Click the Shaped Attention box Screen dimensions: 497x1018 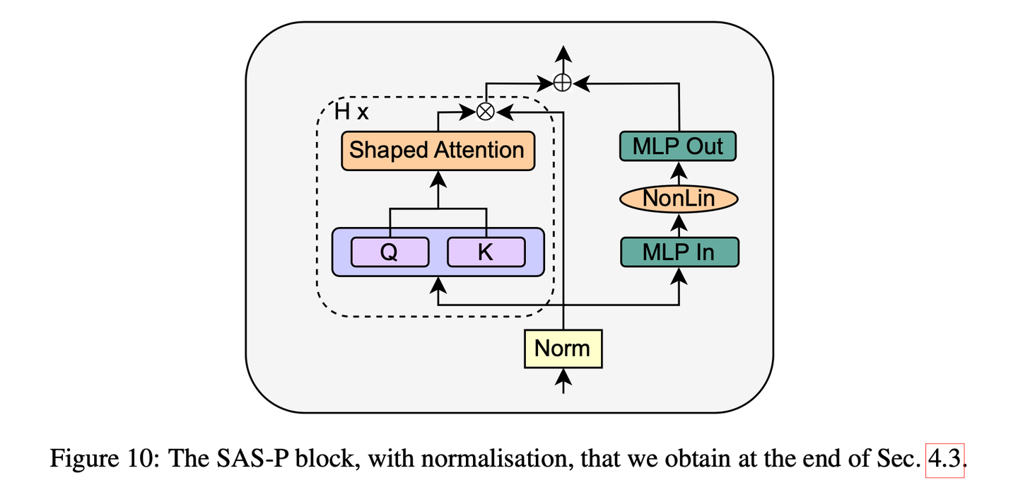coord(437,151)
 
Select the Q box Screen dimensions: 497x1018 coord(390,252)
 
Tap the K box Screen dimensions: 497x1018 coord(486,252)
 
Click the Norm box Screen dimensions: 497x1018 coord(563,349)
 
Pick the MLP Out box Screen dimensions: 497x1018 coord(678,146)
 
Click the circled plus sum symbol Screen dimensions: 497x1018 coord(562,83)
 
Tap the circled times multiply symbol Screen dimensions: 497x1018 coord(485,111)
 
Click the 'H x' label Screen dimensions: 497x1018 coord(351,112)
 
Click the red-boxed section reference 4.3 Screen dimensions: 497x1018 coord(944,460)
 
